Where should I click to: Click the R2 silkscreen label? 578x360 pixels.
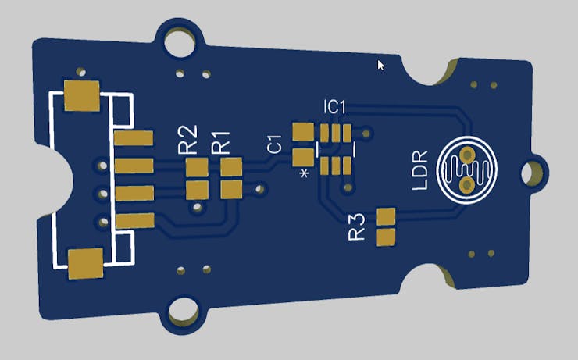point(187,139)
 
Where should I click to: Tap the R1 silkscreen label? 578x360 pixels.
point(220,143)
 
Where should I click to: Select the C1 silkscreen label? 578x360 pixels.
point(275,144)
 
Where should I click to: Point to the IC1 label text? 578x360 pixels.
point(335,107)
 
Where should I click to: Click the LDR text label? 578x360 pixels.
point(420,170)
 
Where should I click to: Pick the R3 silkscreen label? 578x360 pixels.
point(356,227)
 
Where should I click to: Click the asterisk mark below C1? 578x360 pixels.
point(304,173)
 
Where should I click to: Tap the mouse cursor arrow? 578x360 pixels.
point(381,66)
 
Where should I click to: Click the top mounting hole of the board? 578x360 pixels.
point(180,41)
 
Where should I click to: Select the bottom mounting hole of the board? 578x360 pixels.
point(184,312)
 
